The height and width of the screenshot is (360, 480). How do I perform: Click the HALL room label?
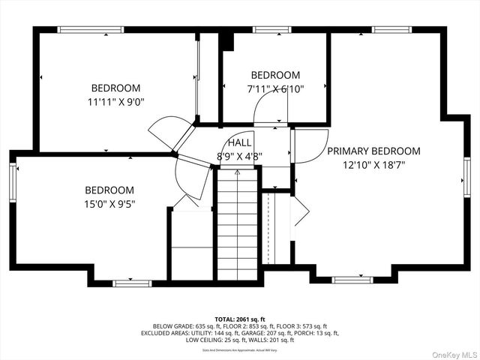tap(240, 142)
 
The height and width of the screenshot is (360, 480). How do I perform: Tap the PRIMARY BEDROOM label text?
tap(373, 151)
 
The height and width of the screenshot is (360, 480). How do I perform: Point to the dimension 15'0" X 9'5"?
tap(109, 203)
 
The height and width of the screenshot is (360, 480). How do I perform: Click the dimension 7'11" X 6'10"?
tap(275, 88)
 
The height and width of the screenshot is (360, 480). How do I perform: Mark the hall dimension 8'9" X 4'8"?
tap(240, 157)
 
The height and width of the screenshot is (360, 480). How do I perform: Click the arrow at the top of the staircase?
tap(238, 174)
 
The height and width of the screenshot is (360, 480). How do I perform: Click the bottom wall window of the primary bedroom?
tap(352, 280)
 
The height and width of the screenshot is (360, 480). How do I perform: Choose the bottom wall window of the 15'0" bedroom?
tap(132, 283)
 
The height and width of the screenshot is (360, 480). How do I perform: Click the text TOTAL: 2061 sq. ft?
tap(239, 319)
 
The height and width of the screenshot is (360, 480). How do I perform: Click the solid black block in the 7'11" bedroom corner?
tap(228, 42)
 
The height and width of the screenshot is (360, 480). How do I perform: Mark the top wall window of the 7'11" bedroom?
tap(271, 30)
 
